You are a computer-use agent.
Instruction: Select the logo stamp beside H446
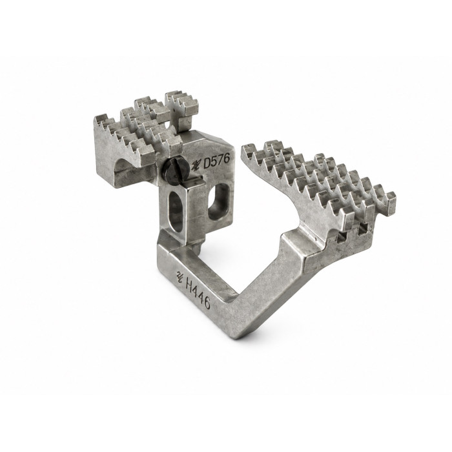coord(180,277)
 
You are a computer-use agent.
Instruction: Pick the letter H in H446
coord(190,285)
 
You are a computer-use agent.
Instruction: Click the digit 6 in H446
coord(207,303)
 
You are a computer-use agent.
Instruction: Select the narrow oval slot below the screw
coord(176,211)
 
